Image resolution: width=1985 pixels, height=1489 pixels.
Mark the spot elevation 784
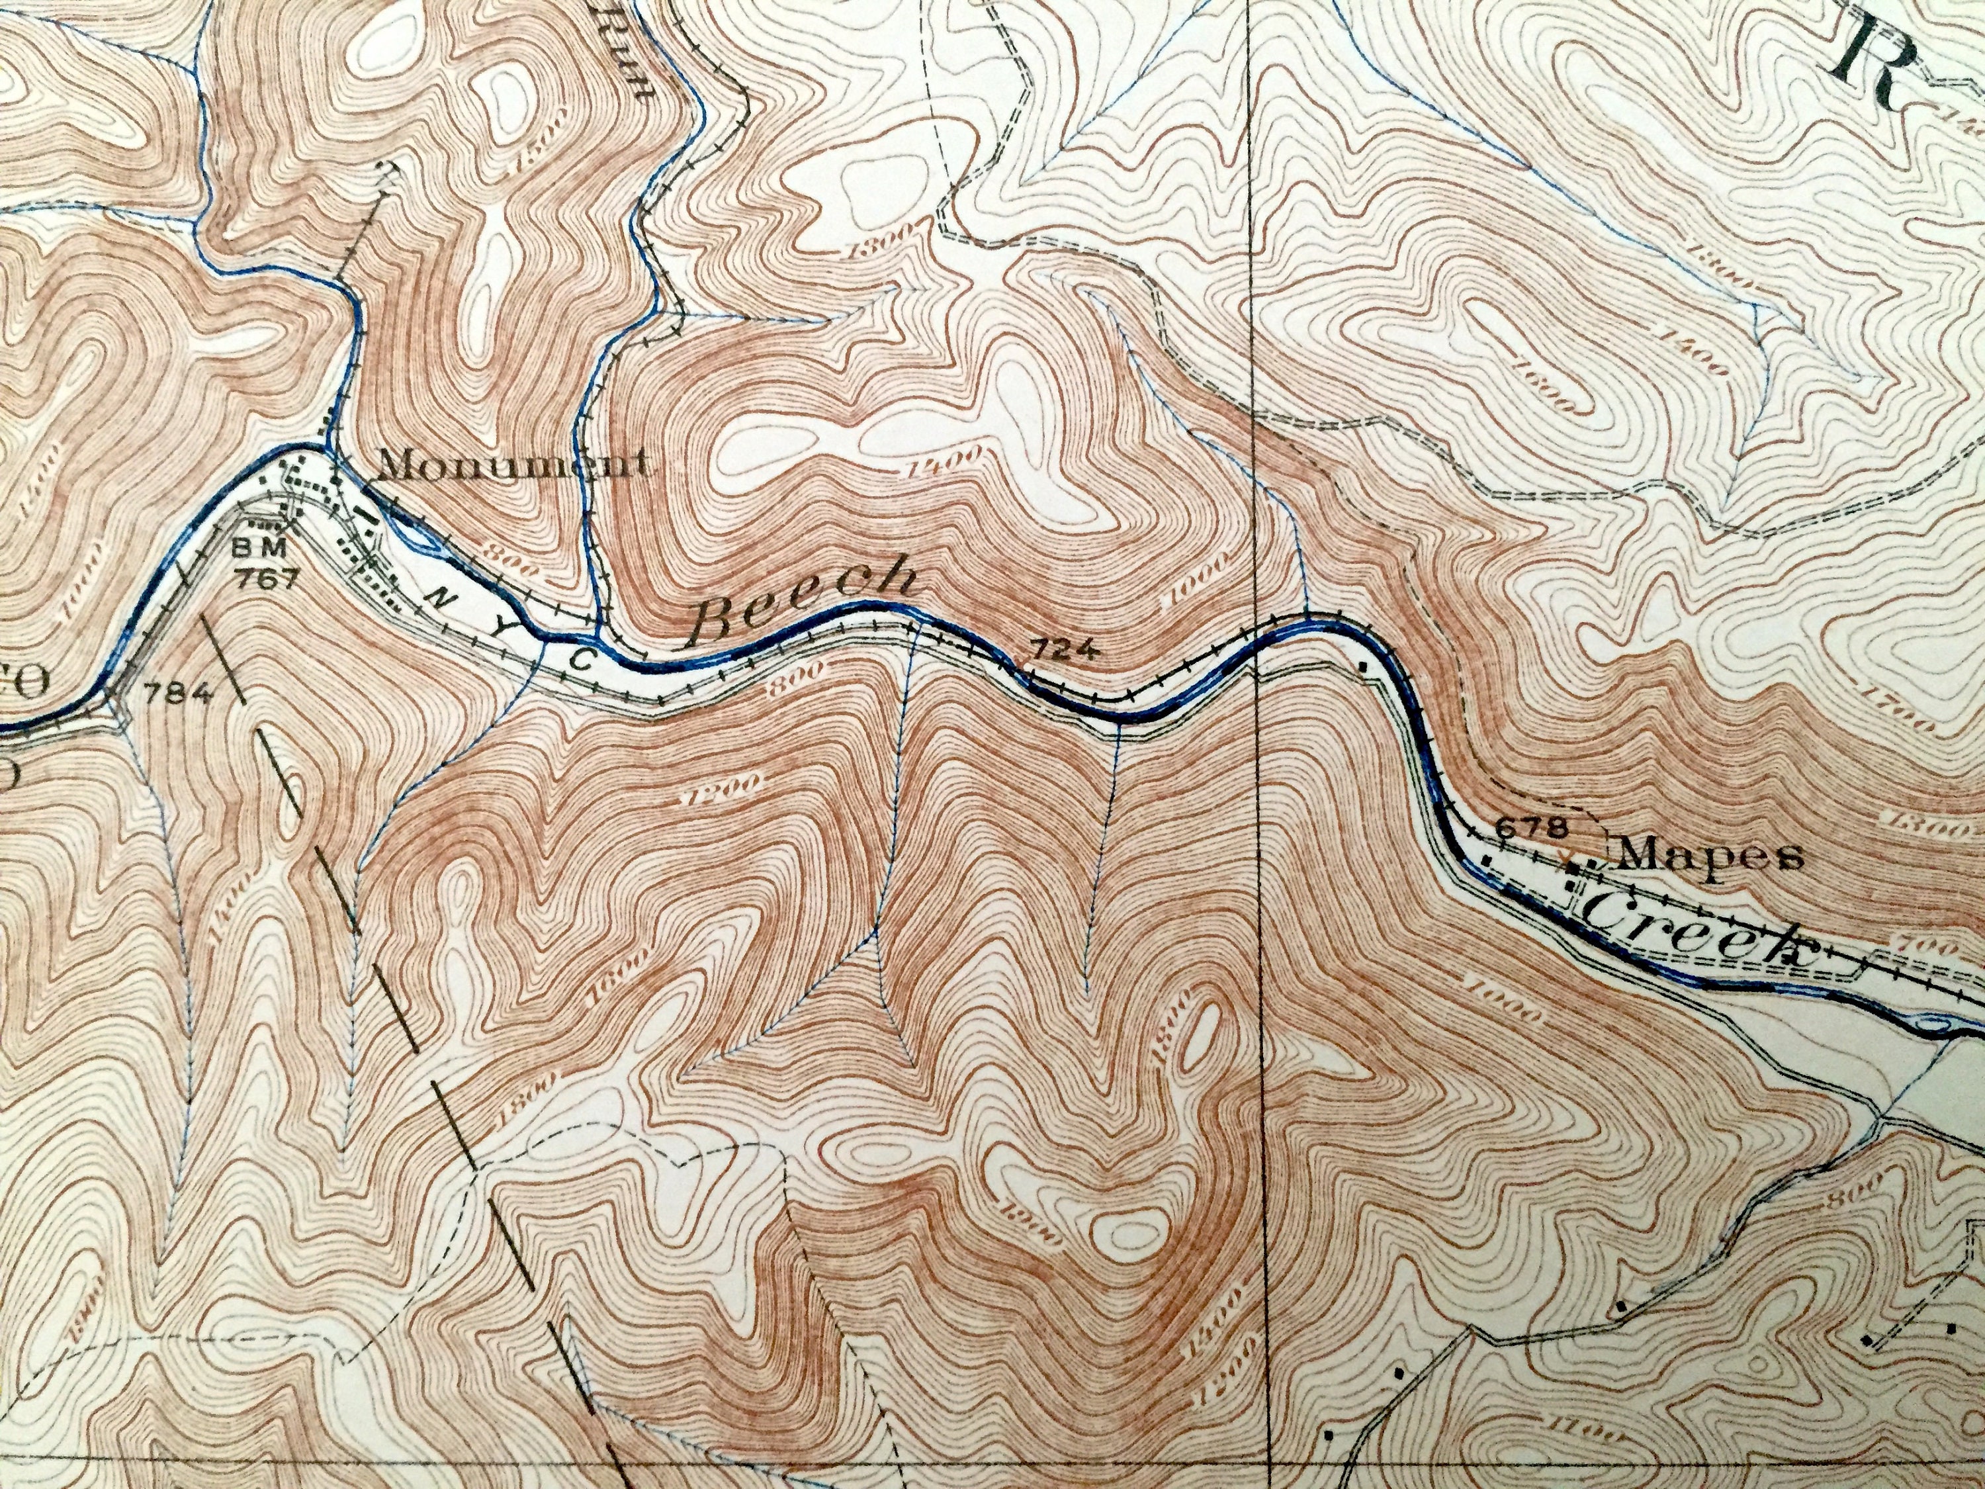tap(179, 692)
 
